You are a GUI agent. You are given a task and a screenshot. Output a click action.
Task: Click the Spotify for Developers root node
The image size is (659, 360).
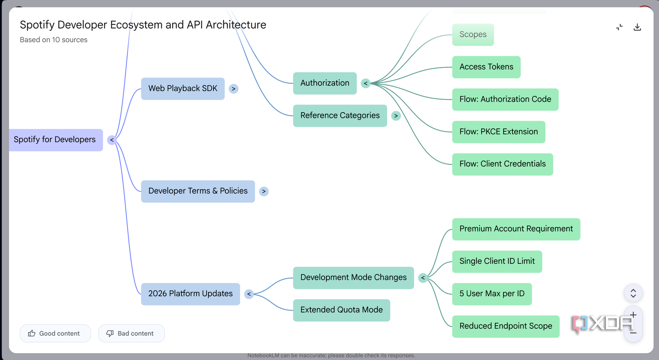click(56, 140)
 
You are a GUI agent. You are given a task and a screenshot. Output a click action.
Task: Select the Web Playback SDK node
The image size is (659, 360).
click(183, 89)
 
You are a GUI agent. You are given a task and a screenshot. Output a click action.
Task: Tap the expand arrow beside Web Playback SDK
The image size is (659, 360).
click(234, 89)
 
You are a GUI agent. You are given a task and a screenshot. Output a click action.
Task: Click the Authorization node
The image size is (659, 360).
click(325, 83)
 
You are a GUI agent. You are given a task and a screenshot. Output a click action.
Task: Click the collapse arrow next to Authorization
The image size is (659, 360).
click(366, 83)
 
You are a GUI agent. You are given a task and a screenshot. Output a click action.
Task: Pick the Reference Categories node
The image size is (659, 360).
click(340, 116)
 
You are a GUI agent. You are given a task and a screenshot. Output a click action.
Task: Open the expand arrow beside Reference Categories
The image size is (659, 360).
click(396, 116)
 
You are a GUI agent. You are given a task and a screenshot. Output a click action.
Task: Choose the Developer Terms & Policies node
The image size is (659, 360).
click(198, 191)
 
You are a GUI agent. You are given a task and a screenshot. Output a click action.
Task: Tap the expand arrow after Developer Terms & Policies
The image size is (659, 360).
click(264, 191)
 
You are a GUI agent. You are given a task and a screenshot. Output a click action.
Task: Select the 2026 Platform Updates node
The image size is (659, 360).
click(191, 294)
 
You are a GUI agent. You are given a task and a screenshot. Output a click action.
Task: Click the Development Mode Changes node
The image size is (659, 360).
click(353, 278)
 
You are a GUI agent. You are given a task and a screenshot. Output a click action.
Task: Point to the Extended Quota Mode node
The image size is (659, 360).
click(341, 311)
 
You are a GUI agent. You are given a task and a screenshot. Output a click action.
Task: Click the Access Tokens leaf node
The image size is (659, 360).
click(486, 67)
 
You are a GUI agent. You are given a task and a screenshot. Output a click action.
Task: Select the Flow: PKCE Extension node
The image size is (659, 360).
click(499, 132)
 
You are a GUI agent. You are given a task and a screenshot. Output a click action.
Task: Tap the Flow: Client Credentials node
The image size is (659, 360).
click(502, 164)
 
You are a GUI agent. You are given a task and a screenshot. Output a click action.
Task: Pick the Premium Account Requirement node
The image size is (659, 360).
click(516, 229)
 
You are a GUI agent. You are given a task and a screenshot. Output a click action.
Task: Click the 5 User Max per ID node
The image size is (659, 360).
click(492, 294)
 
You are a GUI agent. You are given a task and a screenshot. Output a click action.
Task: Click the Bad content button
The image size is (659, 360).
click(131, 333)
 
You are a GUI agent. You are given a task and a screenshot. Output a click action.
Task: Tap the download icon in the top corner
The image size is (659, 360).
click(637, 27)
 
